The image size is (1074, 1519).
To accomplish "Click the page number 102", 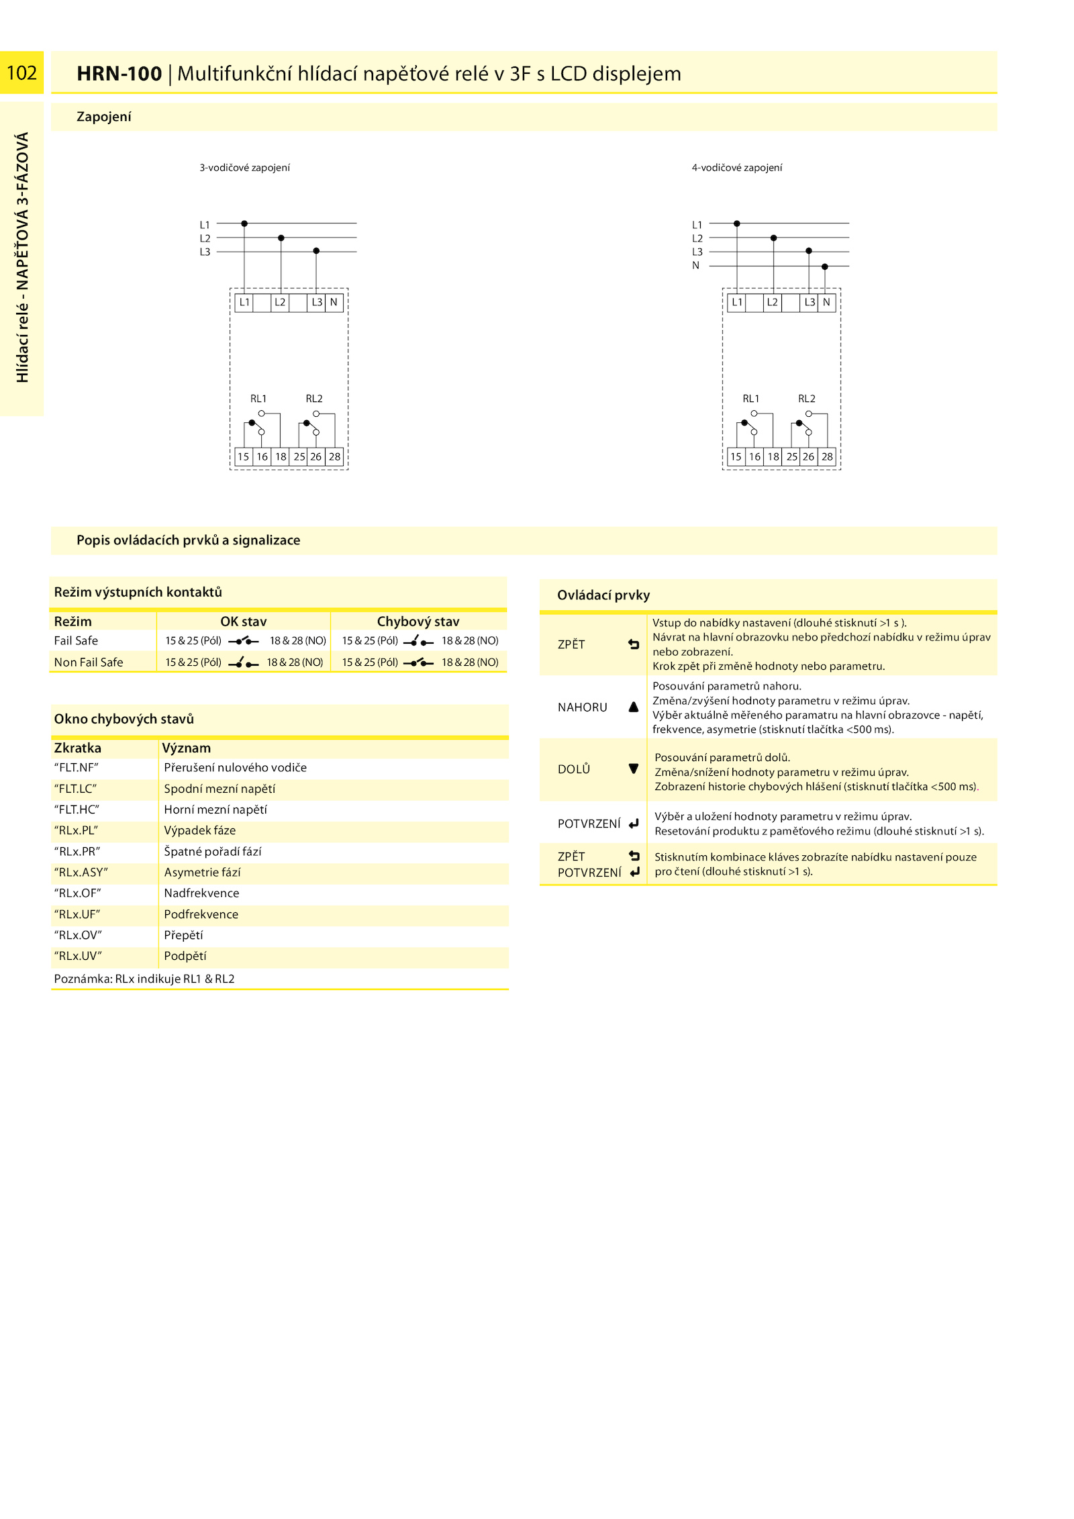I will (21, 72).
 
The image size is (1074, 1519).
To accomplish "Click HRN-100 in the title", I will (119, 73).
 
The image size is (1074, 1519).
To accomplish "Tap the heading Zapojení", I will (104, 117).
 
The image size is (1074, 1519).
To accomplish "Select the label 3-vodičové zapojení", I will (244, 168).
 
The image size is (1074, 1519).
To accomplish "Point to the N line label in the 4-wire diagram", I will (695, 266).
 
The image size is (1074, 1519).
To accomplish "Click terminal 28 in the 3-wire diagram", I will (334, 456).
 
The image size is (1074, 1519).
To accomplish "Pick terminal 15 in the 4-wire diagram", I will (736, 456).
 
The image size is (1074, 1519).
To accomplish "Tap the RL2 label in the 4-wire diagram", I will (806, 399).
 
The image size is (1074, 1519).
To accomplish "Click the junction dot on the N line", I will (825, 266).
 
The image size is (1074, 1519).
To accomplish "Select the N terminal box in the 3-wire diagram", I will (334, 303).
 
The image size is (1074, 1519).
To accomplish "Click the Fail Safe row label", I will (76, 641).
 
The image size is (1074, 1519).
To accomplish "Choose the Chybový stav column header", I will (418, 622).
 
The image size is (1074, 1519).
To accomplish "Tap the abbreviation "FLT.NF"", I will (76, 768).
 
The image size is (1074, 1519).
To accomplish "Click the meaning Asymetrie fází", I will (202, 873).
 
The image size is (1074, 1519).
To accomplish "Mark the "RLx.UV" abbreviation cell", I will (78, 957).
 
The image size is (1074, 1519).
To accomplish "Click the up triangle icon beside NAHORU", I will (633, 707).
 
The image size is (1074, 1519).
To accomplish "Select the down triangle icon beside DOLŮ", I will (633, 769).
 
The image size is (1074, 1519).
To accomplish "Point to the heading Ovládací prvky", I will (603, 595).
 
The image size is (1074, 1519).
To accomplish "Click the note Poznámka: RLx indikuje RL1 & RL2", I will (144, 979).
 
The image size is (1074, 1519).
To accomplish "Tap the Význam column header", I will (187, 748).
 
